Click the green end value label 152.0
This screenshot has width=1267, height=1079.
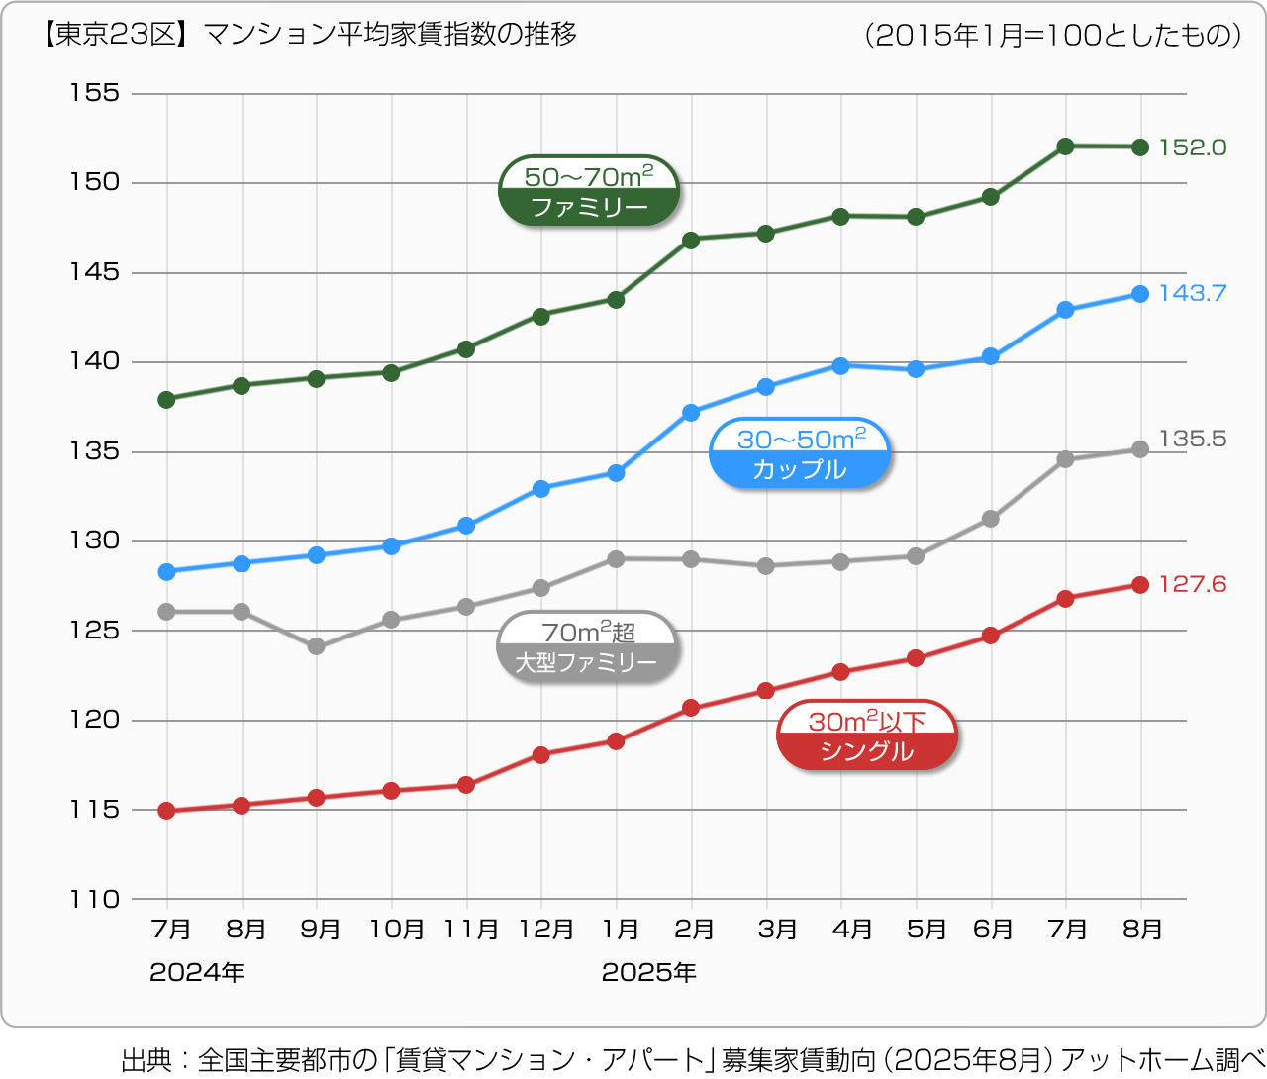pos(1192,147)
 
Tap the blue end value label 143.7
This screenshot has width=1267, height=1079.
pos(1192,293)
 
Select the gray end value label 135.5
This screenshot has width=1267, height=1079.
pos(1192,439)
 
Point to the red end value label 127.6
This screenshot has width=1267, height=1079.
pos(1192,584)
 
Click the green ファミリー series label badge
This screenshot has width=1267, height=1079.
pos(589,191)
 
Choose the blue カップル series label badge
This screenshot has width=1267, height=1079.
pos(800,454)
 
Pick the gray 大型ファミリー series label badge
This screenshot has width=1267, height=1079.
pos(587,647)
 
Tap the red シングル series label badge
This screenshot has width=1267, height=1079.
pos(867,736)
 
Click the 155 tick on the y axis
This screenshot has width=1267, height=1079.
pos(94,93)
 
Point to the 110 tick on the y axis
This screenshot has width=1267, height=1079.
pos(94,900)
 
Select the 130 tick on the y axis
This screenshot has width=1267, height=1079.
pos(94,541)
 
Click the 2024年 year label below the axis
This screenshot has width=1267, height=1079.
pos(197,973)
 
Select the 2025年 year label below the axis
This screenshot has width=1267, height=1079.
pos(648,973)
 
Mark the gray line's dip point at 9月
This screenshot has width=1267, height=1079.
pos(317,646)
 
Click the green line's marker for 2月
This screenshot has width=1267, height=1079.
pos(691,240)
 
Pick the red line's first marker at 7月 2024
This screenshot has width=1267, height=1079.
pos(166,811)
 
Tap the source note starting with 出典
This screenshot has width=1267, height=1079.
pos(692,1059)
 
